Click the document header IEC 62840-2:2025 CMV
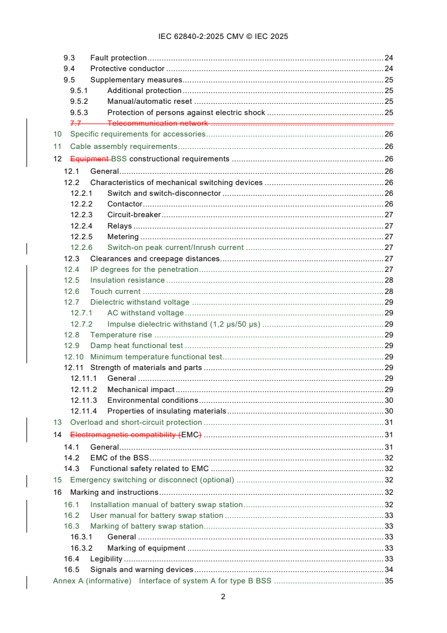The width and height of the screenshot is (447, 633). pos(223,37)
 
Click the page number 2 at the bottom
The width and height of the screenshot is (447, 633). pos(223,597)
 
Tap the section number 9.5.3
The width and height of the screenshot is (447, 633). pos(79,112)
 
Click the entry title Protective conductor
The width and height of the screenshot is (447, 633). pos(127,69)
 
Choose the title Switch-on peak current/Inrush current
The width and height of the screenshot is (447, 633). pos(175,247)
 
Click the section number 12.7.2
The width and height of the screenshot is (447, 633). pos(81,324)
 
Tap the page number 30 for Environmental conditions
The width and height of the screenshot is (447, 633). pos(388,400)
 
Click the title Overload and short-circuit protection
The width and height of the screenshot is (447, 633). pos(136,422)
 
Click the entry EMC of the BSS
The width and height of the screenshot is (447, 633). pos(119,458)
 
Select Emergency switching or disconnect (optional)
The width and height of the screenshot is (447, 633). pos(152,480)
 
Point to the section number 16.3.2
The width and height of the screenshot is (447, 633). pos(81,548)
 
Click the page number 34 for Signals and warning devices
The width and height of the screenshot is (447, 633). pos(388,569)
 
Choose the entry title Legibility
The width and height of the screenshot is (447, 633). pos(106,559)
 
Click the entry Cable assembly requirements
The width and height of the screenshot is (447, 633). pos(123,147)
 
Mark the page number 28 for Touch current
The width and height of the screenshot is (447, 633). pos(388,291)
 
